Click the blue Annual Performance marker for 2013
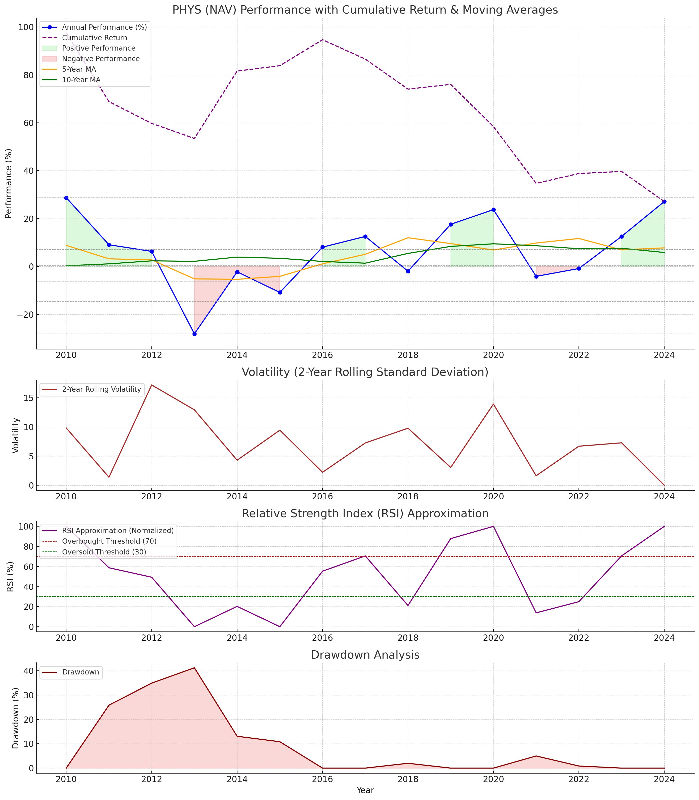coord(194,334)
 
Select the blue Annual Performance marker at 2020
coord(494,210)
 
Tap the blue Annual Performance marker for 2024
coord(664,202)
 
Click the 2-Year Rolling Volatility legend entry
coord(101,389)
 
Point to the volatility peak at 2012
coord(151,385)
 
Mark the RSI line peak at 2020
coord(494,527)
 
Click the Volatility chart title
coord(365,373)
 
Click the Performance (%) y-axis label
coord(9,183)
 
